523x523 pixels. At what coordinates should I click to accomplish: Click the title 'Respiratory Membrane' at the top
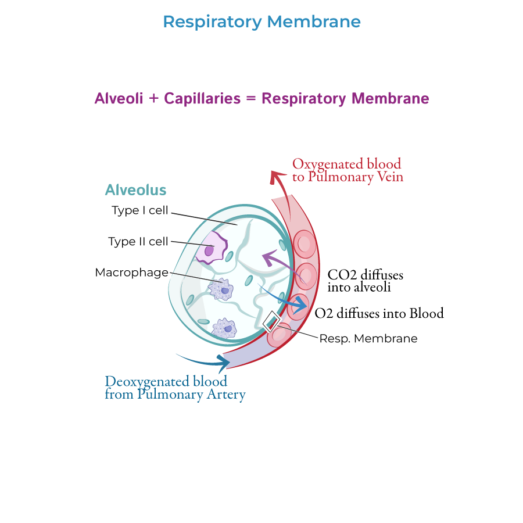click(261, 22)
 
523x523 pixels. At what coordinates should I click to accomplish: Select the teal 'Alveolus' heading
click(135, 190)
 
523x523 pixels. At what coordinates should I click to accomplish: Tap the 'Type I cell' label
click(140, 210)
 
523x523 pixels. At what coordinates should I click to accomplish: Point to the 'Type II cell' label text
click(138, 241)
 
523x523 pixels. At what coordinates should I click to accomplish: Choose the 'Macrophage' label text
click(131, 273)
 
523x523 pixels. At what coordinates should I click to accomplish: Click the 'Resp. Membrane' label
click(368, 338)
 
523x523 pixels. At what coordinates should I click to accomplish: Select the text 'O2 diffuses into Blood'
click(379, 314)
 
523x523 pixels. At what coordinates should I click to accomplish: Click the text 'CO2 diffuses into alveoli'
click(365, 280)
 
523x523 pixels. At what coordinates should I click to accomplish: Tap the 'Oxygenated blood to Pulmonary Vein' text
click(347, 170)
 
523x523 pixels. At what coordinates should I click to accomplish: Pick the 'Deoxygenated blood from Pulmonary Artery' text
click(174, 388)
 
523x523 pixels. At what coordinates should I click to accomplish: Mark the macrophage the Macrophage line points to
click(221, 289)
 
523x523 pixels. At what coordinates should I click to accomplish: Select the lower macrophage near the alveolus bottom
click(224, 329)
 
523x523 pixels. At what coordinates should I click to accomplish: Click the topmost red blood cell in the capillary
click(304, 243)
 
